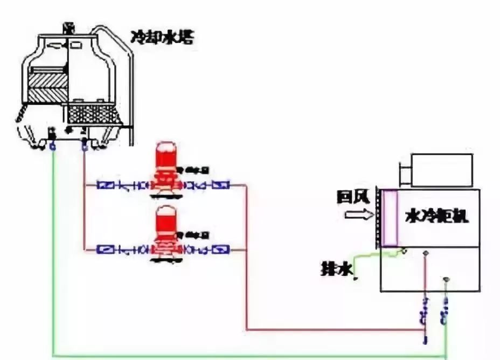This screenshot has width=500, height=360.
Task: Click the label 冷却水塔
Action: [162, 37]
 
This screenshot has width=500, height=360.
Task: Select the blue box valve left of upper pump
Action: [105, 185]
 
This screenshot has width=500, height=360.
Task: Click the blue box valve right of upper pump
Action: [220, 185]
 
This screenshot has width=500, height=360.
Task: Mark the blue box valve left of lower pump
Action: [105, 250]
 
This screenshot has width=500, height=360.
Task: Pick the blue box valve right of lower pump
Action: [220, 250]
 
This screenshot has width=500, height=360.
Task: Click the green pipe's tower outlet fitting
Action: [52, 146]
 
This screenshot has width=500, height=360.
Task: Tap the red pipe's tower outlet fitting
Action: [84, 146]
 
